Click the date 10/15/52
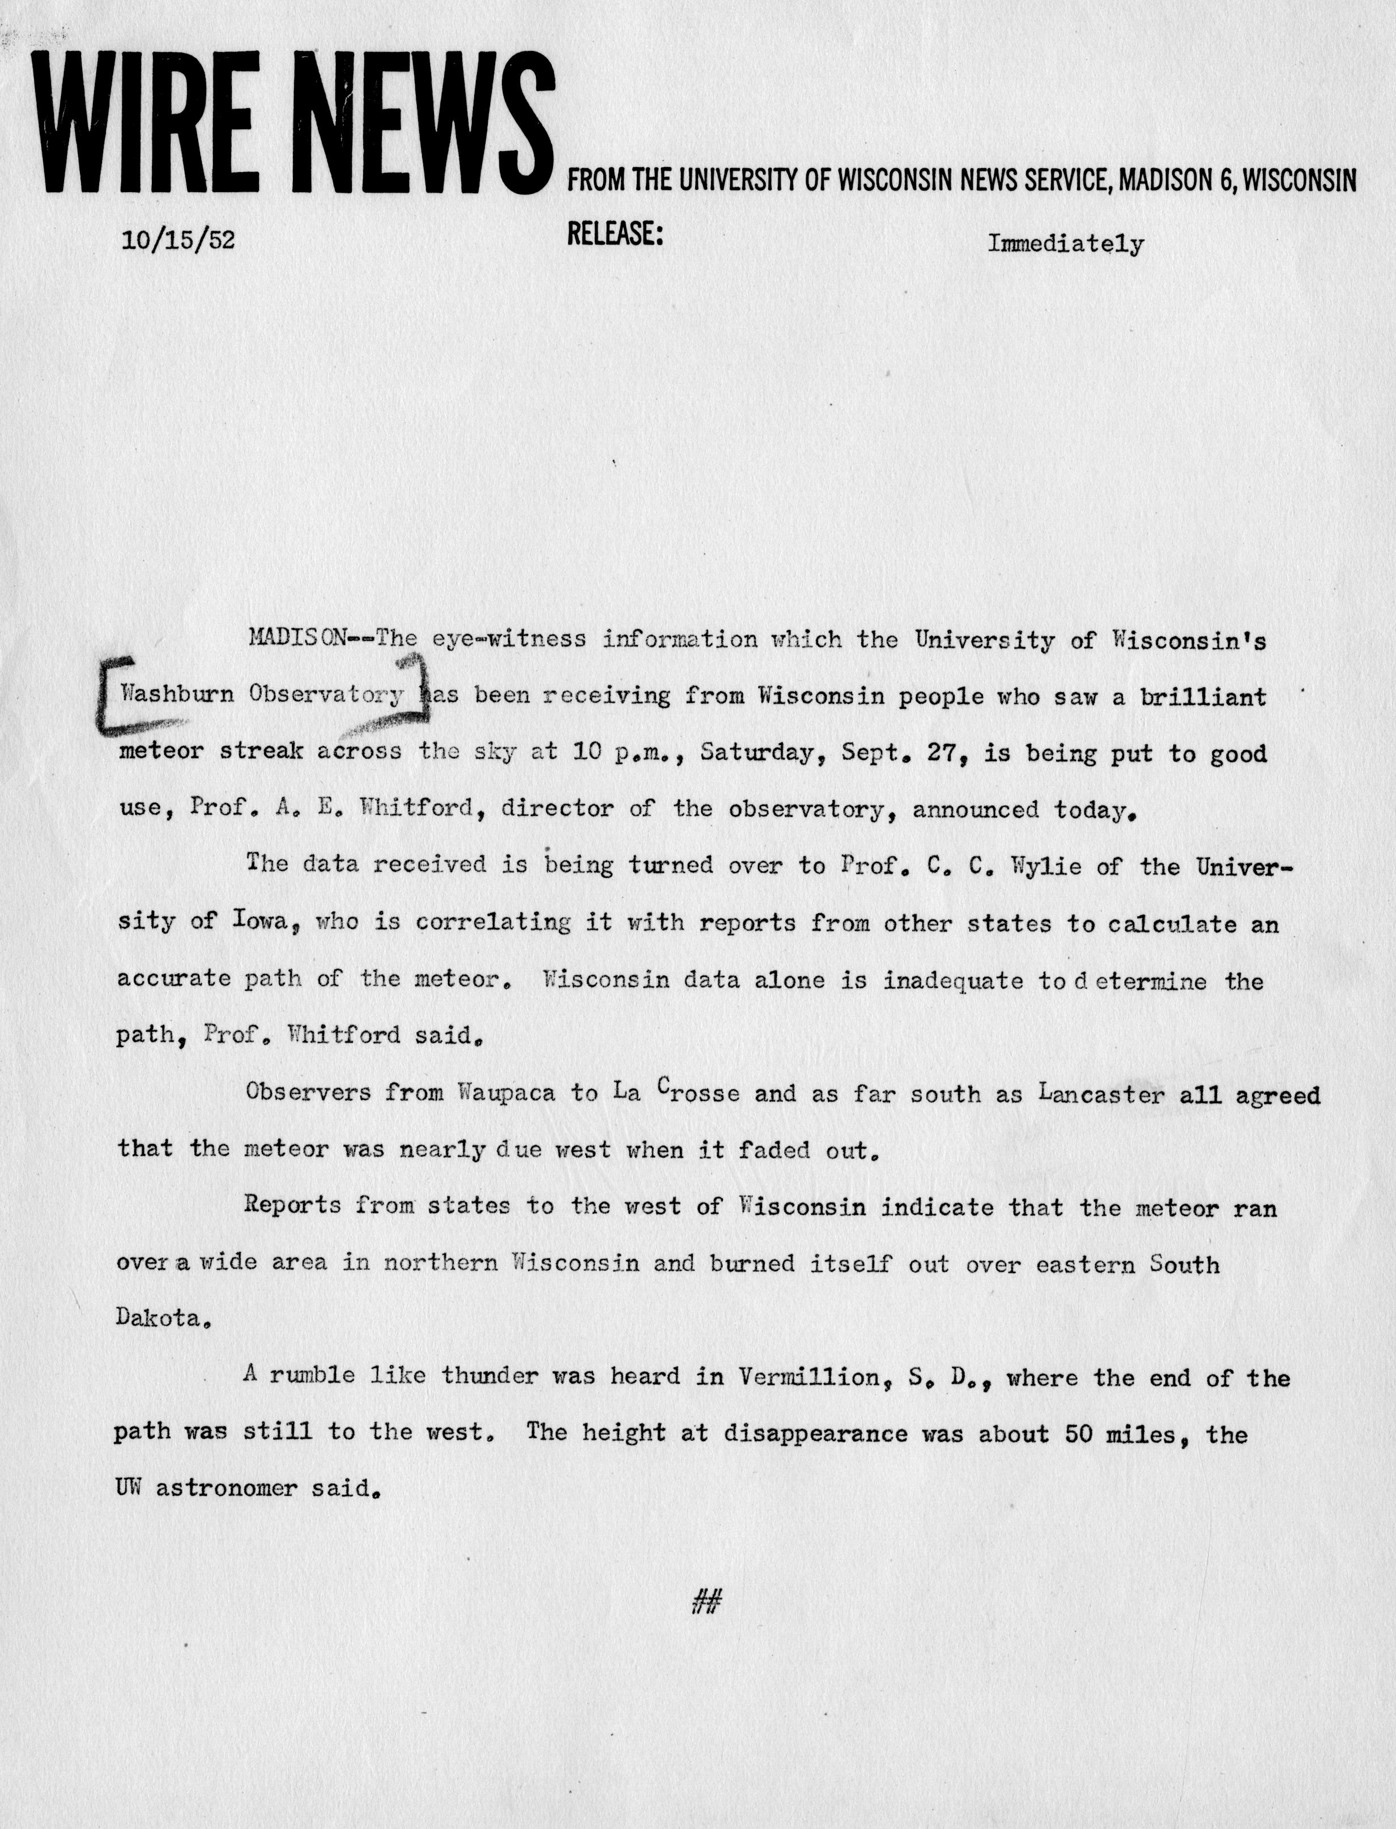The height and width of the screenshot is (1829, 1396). (178, 240)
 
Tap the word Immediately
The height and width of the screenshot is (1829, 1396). (1065, 244)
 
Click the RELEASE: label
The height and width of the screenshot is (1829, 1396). (614, 235)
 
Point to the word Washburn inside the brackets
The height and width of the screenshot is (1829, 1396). (177, 694)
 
